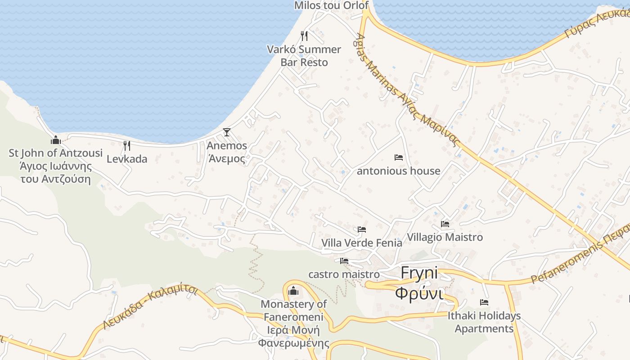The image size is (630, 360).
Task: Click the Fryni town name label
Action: coord(419,273)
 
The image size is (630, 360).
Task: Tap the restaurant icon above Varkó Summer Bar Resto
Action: coord(304,36)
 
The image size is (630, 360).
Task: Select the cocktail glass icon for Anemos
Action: coord(227,132)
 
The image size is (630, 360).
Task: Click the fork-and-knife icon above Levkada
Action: coord(127,145)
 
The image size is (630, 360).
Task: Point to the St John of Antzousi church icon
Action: coord(56,139)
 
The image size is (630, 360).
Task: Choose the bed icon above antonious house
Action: coord(398,157)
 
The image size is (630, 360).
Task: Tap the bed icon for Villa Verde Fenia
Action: coord(361,229)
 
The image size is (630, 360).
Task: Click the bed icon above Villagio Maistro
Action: coord(445,224)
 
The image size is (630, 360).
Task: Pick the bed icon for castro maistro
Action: coord(344,261)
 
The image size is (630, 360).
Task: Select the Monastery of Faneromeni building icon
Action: coord(293,291)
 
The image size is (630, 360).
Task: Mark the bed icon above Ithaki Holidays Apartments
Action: coord(484,302)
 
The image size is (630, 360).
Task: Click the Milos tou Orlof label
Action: coord(331,5)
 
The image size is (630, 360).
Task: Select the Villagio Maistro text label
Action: coord(445,237)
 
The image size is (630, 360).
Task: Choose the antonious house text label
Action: coord(398,171)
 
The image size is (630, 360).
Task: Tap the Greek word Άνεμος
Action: coord(226,158)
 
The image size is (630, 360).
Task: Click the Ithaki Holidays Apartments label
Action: coord(484,322)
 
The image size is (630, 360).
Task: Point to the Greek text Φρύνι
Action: coord(419,292)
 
